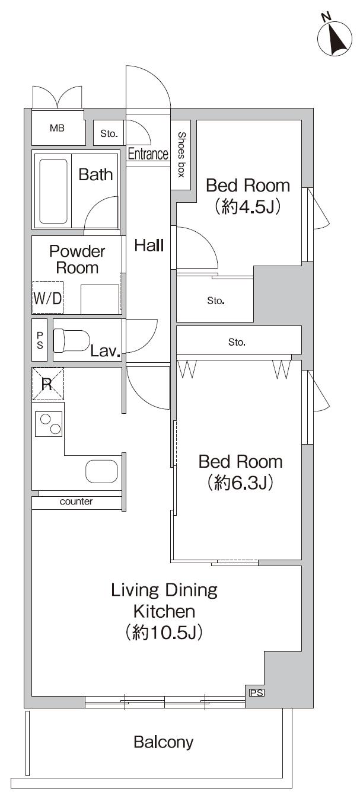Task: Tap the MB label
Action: pos(57,127)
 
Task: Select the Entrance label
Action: pos(148,154)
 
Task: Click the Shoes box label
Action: pos(181,155)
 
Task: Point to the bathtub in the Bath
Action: pos(53,189)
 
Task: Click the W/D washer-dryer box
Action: pos(47,298)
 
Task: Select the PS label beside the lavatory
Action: pos(40,340)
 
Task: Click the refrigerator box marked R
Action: pos(47,384)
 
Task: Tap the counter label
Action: pos(76,502)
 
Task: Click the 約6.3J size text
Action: pos(240,483)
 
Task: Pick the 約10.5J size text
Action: pos(164,633)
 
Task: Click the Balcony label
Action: pos(163,742)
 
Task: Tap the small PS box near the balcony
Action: pos(256,692)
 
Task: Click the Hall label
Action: pos(148,245)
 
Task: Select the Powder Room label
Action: pos(77,259)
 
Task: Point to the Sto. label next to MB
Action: pos(109,134)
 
